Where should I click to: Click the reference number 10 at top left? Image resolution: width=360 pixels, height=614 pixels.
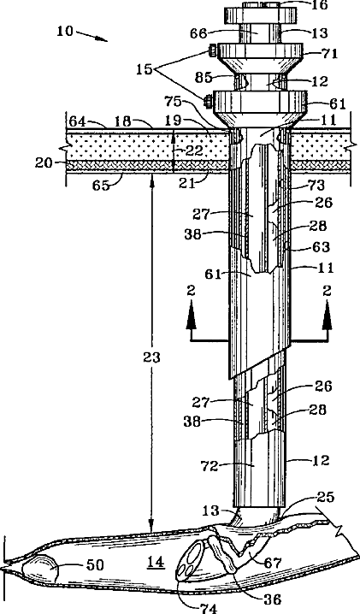point(65,31)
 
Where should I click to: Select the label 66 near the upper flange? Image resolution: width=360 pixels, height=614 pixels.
point(198,33)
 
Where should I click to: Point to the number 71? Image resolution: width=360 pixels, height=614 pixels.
point(329,53)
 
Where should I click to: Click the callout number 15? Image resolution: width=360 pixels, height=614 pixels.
point(145,69)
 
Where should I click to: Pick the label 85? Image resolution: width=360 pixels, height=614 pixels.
point(204,78)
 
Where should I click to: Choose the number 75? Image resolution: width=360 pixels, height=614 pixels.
point(174,102)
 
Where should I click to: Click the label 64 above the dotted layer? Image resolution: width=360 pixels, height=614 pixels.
point(77,121)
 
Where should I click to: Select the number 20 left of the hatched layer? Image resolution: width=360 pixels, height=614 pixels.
point(43,162)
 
